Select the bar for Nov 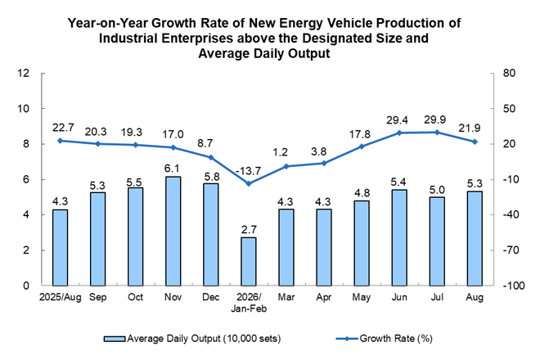(x=173, y=232)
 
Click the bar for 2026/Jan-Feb (x=249, y=262)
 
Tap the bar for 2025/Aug (x=60, y=247)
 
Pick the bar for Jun (x=399, y=238)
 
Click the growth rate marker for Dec (x=211, y=157)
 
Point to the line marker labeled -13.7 (x=249, y=183)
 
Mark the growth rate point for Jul (x=437, y=133)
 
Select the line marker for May (x=362, y=146)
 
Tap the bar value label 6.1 (x=172, y=169)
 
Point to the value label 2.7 (x=249, y=229)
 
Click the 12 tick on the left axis (x=24, y=74)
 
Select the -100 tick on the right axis (x=514, y=286)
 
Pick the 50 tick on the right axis (x=509, y=109)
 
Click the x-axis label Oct (x=135, y=297)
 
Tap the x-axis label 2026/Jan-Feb (x=249, y=303)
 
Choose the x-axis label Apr (x=324, y=297)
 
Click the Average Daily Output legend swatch (x=115, y=339)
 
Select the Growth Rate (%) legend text (x=396, y=339)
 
